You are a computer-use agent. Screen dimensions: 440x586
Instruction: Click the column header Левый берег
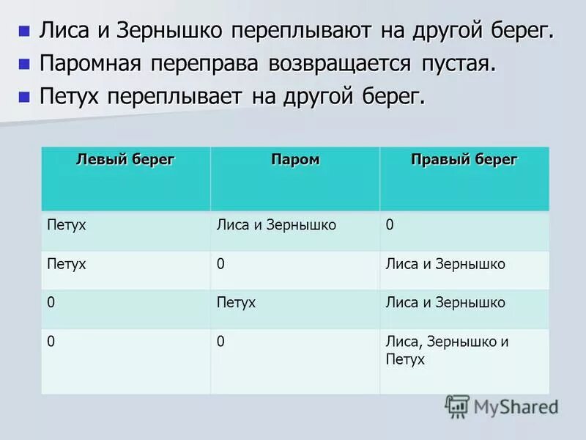pos(126,160)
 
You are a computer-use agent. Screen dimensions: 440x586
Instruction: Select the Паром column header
pos(295,160)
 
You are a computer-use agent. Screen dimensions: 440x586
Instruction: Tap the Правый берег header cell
pos(464,160)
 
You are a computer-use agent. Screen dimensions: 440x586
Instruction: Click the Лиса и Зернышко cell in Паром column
pos(277,225)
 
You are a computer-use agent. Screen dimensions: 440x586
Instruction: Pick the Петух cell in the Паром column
pos(237,302)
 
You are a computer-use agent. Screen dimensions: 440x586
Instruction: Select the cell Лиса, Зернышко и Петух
pos(447,351)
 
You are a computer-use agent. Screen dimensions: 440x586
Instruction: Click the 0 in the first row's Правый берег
pos(390,225)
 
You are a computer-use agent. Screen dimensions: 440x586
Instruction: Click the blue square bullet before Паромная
pos(24,64)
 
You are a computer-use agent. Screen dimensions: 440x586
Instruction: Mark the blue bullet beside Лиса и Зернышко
pos(24,31)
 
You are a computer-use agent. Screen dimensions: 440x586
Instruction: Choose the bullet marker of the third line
pos(24,96)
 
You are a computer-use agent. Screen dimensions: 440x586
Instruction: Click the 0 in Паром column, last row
pos(220,341)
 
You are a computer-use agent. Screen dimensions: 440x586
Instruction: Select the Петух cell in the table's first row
pos(66,225)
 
